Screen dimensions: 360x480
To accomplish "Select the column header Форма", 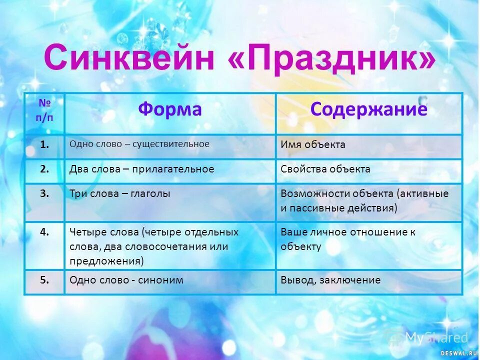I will pos(170,109).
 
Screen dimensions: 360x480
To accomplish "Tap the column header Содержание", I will pos(368,109).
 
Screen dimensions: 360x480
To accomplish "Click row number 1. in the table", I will pos(44,144).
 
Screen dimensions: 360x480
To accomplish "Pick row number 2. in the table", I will pos(44,169).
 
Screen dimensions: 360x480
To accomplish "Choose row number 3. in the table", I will pos(44,193).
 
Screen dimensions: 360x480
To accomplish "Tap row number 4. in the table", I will pos(44,232).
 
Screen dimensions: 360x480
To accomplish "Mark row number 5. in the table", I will pos(44,280).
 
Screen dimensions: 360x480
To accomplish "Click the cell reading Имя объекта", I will pos(313,144).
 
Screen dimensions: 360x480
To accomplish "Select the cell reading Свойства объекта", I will pos(325,169).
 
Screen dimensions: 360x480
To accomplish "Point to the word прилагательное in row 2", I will pos(175,169).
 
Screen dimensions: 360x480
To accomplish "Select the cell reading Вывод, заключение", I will pos(330,280).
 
